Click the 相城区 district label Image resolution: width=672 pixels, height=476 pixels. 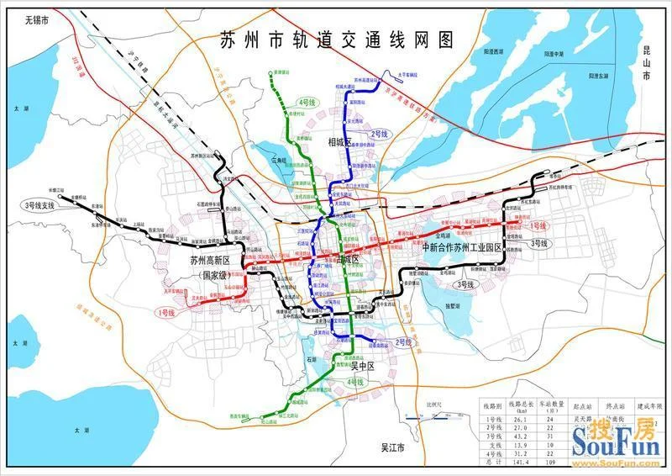(x=344, y=144)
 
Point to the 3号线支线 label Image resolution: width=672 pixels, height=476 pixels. (x=42, y=204)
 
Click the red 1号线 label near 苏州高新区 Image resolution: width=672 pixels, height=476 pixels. (x=165, y=313)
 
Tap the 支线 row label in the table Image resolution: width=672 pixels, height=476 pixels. (x=493, y=444)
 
